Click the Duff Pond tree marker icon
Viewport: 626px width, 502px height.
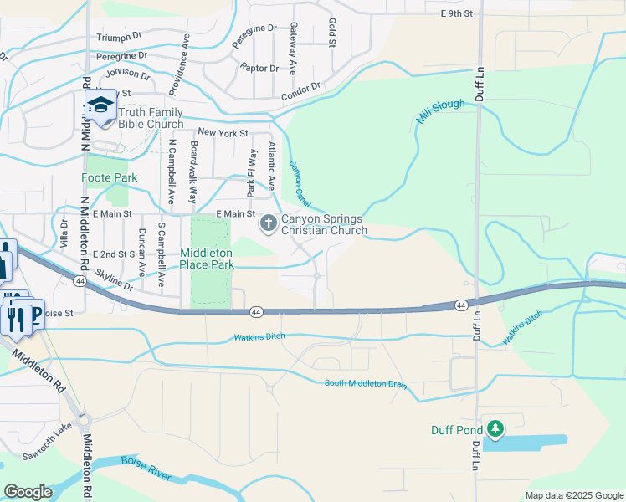495,429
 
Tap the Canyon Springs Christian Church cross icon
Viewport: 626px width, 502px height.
269,223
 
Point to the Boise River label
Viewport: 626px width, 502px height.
146,469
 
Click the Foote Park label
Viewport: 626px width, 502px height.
109,177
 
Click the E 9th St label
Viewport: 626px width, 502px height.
457,13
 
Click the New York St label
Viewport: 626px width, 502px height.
223,133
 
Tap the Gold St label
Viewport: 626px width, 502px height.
332,32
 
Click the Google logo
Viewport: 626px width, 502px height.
28,492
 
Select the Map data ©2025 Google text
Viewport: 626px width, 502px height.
574,495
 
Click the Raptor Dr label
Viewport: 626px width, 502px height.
259,68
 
